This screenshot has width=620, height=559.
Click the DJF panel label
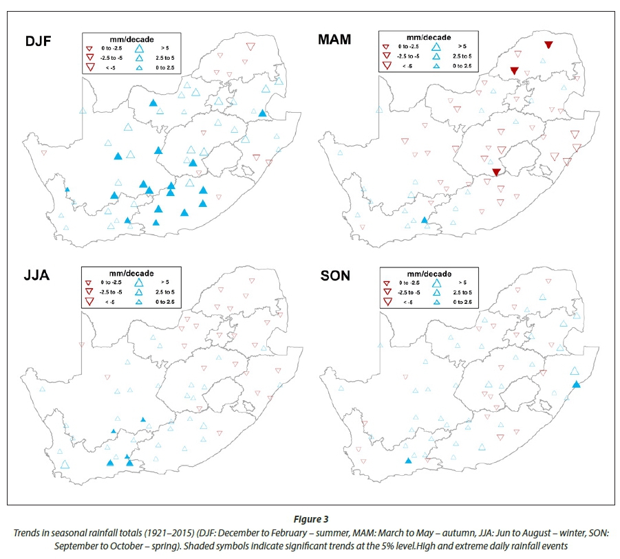point(39,41)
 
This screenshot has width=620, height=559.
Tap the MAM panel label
point(334,39)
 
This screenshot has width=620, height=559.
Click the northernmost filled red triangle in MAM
point(548,45)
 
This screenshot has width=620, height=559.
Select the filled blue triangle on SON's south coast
point(408,461)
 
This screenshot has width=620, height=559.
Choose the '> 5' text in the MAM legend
point(459,45)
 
